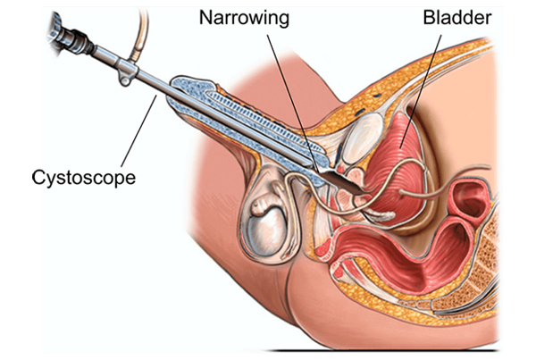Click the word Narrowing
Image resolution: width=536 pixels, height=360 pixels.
point(244,18)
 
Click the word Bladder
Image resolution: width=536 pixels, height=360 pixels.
point(457,17)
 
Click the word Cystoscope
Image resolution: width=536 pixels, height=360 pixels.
point(84,178)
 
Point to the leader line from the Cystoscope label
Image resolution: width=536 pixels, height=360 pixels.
point(139,131)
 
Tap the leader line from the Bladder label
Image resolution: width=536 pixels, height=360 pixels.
point(421,91)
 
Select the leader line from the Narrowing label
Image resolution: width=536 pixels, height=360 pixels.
point(293,103)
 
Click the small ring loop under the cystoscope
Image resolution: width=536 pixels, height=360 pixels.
point(124,80)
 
